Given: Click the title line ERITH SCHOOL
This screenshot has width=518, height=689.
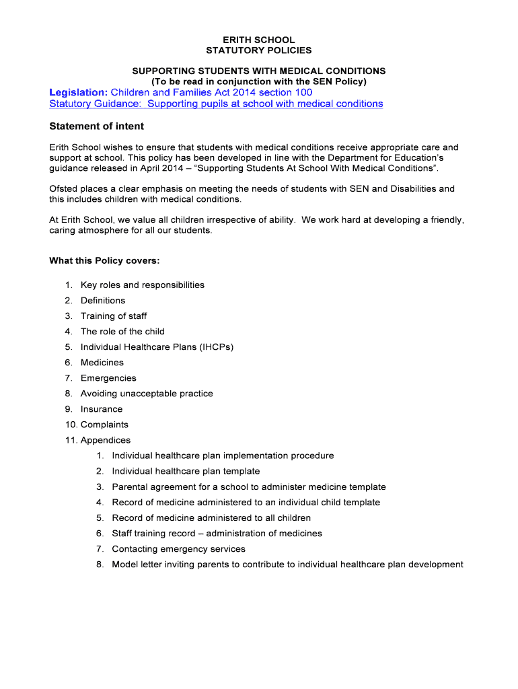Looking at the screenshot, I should pos(258,40).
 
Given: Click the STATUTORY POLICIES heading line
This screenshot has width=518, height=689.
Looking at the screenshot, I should pos(258,50).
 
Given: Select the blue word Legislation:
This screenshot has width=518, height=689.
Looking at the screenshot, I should pos(79,92).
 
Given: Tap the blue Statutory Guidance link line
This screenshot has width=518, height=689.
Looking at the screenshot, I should pos(216,104).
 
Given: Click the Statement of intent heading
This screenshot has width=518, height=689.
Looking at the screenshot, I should pos(97,126).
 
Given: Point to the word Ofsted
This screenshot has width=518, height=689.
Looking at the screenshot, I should pos(64,188).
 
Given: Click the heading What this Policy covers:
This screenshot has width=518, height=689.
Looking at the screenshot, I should pos(104,260).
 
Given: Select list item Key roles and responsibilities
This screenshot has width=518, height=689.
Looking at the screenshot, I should pos(142,285).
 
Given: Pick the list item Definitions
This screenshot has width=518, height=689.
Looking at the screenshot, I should pos(103,300).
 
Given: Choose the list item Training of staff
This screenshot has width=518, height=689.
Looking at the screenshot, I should pos(114,316).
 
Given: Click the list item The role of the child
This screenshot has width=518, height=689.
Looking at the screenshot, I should pos(122,331).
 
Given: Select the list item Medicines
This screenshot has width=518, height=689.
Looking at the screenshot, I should pos(102,362).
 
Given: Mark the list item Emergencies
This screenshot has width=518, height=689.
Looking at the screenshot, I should pos(108,377).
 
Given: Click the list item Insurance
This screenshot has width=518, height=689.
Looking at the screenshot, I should pos(102,408).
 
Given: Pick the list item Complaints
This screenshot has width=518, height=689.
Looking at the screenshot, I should pos(104,424).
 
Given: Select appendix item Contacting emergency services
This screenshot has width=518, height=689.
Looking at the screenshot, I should pos(178,548).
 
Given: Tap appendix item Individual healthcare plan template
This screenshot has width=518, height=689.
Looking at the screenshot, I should pos(186,471).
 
